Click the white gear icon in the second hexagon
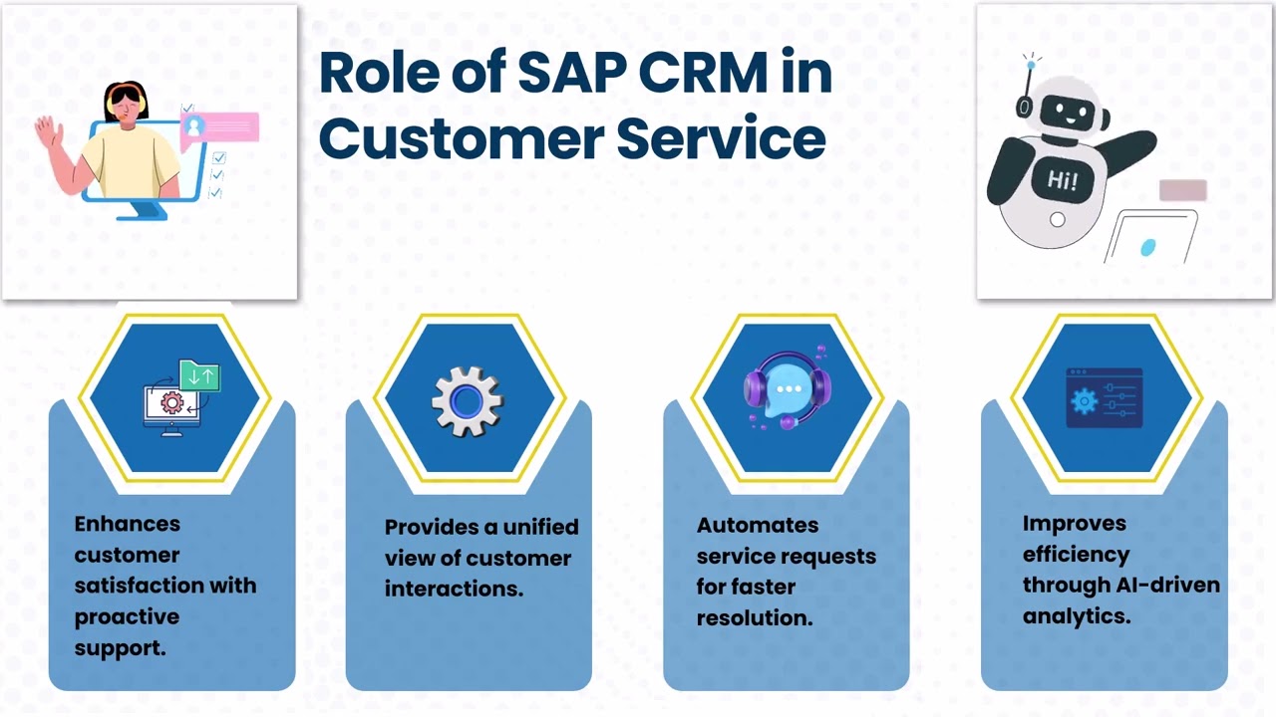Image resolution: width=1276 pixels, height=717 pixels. [x=467, y=400]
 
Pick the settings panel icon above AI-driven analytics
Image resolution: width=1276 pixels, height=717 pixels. [x=1104, y=399]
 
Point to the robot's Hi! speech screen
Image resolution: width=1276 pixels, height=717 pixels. [x=1062, y=180]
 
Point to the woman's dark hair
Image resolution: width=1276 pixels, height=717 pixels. [x=127, y=100]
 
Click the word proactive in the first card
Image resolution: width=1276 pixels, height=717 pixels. [x=127, y=616]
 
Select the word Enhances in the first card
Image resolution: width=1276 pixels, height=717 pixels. [x=127, y=524]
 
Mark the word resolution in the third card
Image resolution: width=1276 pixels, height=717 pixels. [x=754, y=617]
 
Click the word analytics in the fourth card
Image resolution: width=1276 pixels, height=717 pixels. [x=1076, y=615]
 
